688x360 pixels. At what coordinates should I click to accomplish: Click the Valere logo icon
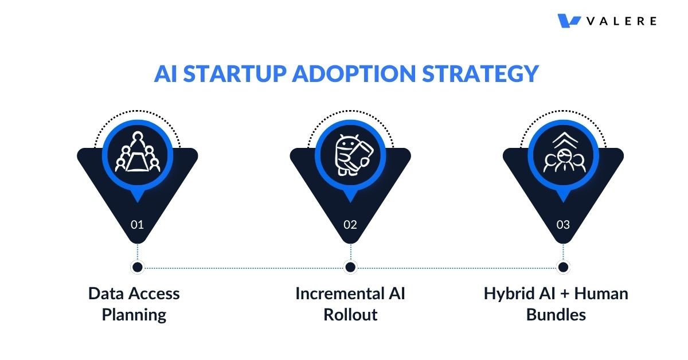coord(569,21)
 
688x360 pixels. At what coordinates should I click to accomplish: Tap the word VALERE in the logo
coord(621,21)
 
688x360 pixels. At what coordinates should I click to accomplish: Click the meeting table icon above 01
coord(137,154)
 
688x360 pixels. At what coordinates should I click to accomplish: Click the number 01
coord(137,225)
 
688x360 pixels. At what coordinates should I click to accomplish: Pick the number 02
coord(350,225)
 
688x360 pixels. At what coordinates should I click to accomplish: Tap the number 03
coord(563,225)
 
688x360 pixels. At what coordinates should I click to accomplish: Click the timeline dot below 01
coord(137,267)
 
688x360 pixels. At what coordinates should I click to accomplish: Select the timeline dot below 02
coord(350,267)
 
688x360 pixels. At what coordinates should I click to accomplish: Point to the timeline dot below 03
coord(563,267)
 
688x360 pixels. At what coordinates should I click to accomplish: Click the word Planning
coord(134,315)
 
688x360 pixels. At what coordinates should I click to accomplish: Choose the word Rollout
coord(350,315)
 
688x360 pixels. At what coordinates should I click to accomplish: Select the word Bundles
coord(556,315)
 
